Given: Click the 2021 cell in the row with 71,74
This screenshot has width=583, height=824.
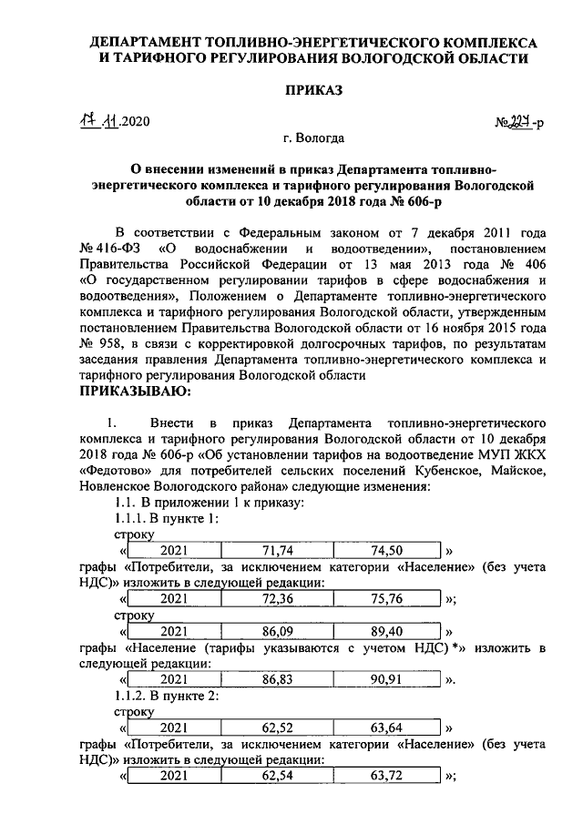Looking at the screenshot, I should click(173, 551).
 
